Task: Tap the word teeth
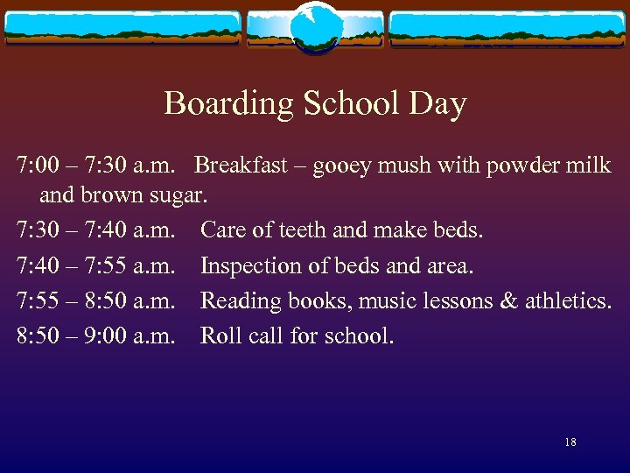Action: tap(303, 230)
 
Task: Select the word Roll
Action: tap(218, 335)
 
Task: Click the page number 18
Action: tap(570, 442)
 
